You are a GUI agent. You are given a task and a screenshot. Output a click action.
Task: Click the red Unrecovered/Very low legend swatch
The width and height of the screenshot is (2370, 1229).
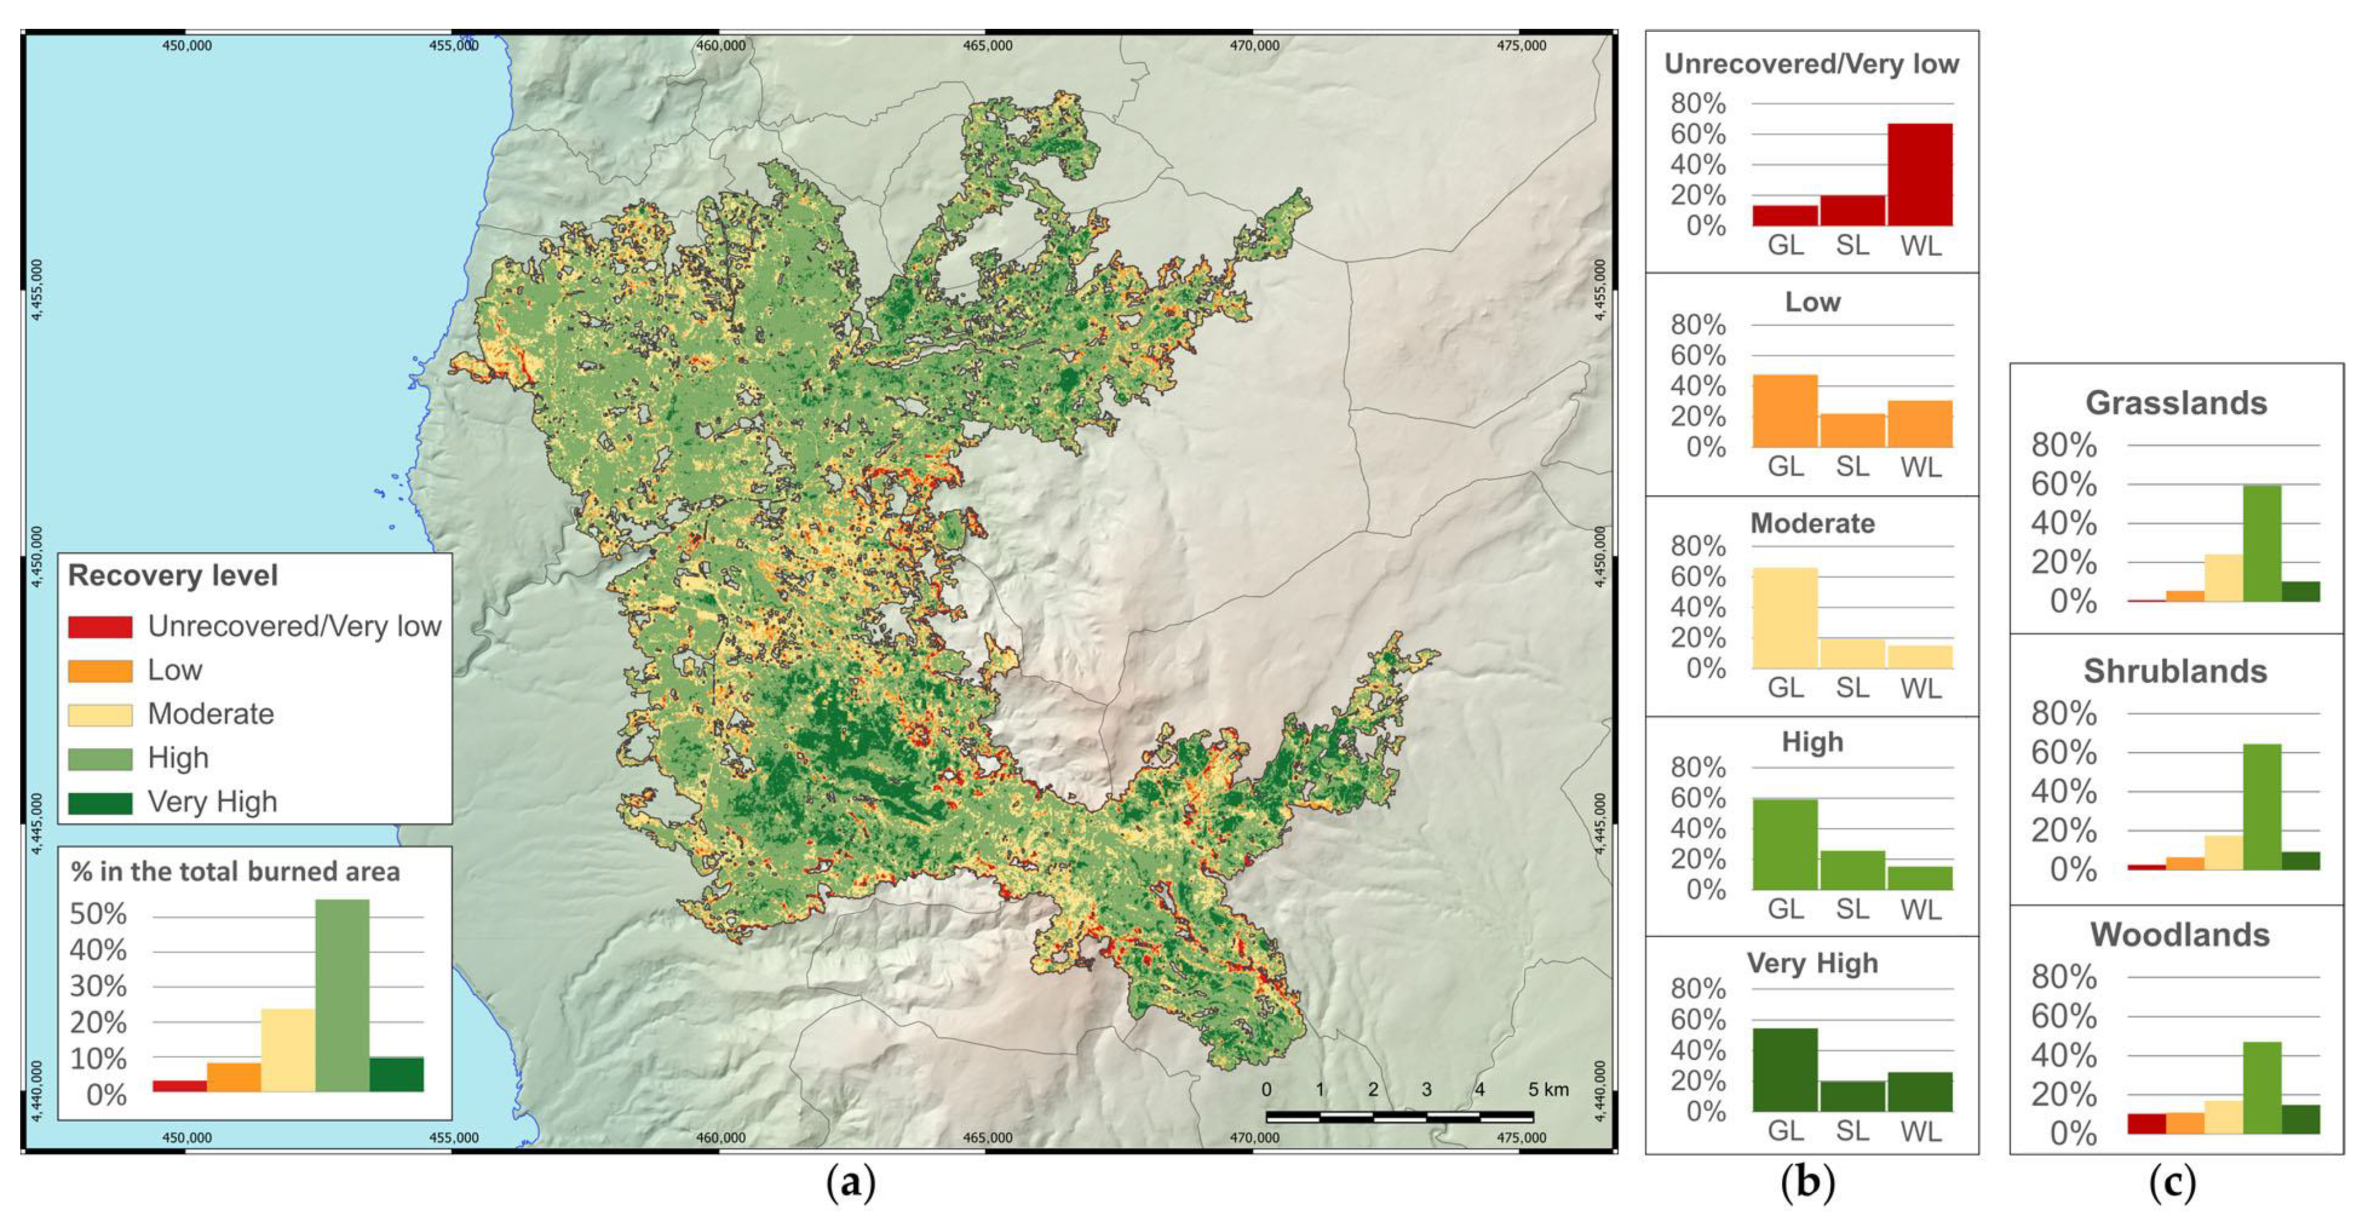coord(99,627)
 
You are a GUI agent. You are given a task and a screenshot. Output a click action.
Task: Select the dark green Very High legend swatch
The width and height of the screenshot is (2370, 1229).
coord(99,802)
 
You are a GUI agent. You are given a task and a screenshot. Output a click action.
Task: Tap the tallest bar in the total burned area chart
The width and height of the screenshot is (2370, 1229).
coord(342,996)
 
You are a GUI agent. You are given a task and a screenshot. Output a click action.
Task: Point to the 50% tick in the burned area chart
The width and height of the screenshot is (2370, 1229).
coord(99,914)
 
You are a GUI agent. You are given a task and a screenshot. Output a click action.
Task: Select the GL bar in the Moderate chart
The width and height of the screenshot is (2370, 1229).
coord(1785,618)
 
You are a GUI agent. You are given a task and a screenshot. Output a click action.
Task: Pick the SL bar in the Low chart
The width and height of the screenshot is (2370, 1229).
coord(1852,431)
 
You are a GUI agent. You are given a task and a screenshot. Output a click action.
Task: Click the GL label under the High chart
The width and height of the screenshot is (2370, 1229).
coord(1785,909)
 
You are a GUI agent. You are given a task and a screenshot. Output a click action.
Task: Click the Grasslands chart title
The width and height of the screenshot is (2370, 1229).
coord(2176,403)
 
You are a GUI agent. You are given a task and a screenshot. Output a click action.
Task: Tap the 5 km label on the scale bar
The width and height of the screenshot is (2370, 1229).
coord(1549,1089)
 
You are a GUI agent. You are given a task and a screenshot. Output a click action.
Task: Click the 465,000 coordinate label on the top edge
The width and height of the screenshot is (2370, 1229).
coord(987,45)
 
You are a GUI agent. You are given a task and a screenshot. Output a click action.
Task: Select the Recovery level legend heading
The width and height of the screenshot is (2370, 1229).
coord(173,576)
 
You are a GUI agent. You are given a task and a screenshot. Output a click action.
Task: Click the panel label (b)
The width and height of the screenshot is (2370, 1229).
coord(1807,1182)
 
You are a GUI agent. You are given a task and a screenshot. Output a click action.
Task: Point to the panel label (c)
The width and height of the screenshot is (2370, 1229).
coord(2172,1182)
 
